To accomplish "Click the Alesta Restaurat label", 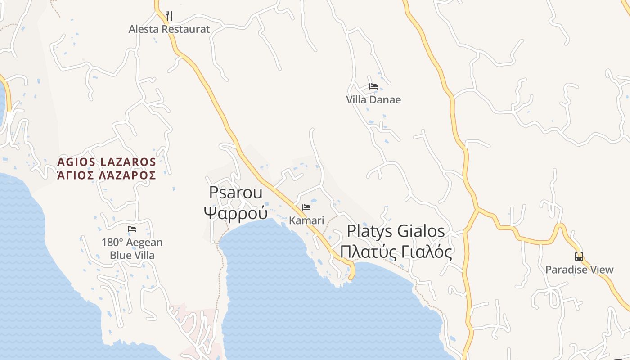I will point(169,29).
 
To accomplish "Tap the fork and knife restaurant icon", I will point(169,16).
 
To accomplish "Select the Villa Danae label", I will point(373,99).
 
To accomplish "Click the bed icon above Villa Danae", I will point(373,86).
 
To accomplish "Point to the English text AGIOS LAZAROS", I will point(107,162).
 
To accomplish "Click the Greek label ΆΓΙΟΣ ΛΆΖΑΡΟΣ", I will point(107,175).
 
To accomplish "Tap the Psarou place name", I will point(236,193).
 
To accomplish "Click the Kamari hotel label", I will point(306,220).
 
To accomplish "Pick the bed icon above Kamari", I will point(306,207).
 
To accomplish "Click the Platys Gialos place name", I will point(396,231).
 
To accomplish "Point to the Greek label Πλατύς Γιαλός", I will point(396,252).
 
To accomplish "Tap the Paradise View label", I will point(579,270).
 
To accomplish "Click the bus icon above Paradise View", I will point(579,256).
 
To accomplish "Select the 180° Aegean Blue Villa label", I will point(132,249).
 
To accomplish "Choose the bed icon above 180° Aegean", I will point(132,229).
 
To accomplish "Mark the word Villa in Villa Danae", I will point(356,99).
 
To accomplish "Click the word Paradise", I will point(566,270).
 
